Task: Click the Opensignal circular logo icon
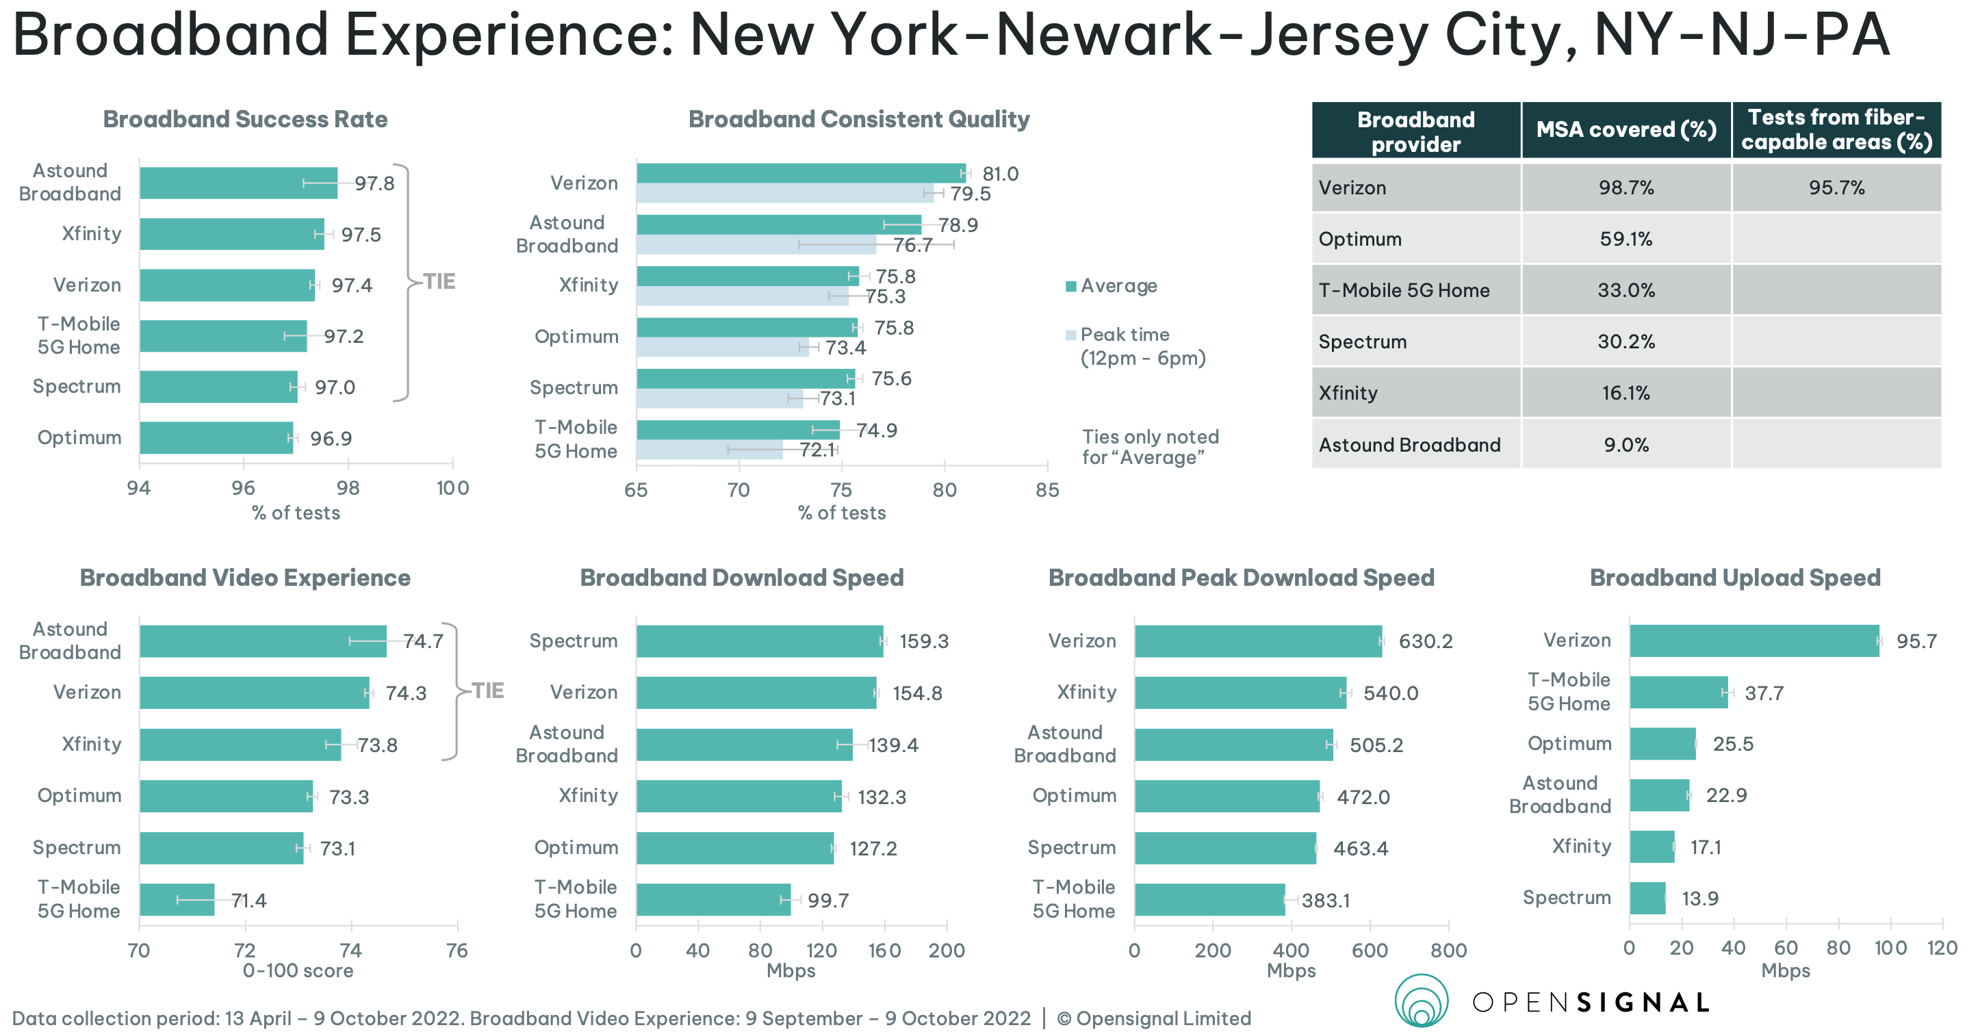[x=1422, y=1001]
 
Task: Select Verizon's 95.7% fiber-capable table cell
[x=1835, y=188]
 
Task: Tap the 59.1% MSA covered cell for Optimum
[x=1626, y=239]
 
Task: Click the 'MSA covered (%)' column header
[x=1626, y=130]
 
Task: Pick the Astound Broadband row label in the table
[x=1409, y=445]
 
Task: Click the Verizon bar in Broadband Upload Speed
[x=1754, y=641]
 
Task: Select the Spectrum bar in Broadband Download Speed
[x=758, y=641]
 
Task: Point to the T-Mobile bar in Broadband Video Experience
[x=177, y=899]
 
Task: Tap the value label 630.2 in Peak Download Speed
[x=1425, y=641]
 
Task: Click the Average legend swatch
[x=1070, y=287]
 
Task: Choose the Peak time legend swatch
[x=1070, y=335]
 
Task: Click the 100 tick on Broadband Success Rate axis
[x=452, y=487]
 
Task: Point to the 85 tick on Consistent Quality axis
[x=1046, y=490]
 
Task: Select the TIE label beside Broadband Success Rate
[x=439, y=281]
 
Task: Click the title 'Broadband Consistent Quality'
[x=858, y=119]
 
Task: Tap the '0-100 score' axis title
[x=298, y=970]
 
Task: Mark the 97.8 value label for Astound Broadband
[x=374, y=183]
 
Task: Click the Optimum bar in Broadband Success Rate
[x=216, y=438]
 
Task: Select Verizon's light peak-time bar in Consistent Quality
[x=784, y=194]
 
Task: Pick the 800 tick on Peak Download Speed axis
[x=1448, y=950]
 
